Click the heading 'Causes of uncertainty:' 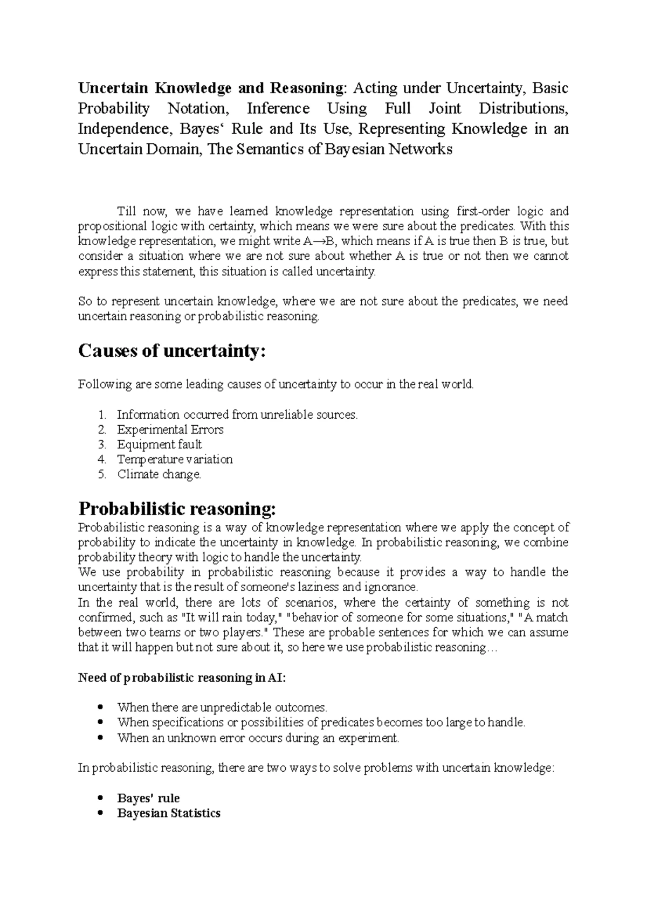pos(172,351)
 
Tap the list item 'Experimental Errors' pos(170,429)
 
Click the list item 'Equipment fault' pos(159,445)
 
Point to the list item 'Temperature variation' pos(175,460)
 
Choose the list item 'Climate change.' pos(159,475)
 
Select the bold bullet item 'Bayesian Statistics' pos(168,813)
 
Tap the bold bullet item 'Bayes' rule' pos(148,798)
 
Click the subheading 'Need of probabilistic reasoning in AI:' pos(182,678)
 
